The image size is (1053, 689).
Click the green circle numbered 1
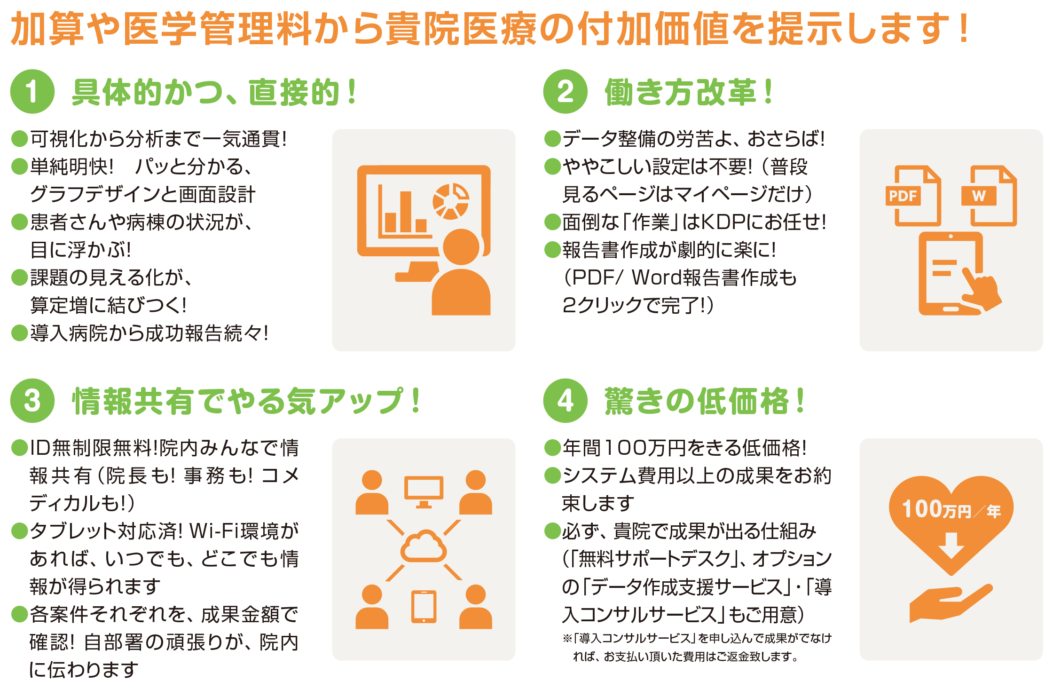point(32,91)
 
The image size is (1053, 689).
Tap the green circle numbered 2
point(565,91)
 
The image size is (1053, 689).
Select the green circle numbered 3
point(32,401)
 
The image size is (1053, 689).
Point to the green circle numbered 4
point(565,401)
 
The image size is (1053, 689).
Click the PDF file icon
point(913,196)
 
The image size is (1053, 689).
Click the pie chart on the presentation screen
point(451,201)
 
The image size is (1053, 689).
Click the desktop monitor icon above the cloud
point(424,492)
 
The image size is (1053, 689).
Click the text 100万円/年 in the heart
point(951,509)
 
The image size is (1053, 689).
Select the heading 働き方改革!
point(688,92)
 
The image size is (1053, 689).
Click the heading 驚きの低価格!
point(704,401)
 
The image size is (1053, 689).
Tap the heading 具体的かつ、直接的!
point(214,92)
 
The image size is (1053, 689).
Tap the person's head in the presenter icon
point(461,247)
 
